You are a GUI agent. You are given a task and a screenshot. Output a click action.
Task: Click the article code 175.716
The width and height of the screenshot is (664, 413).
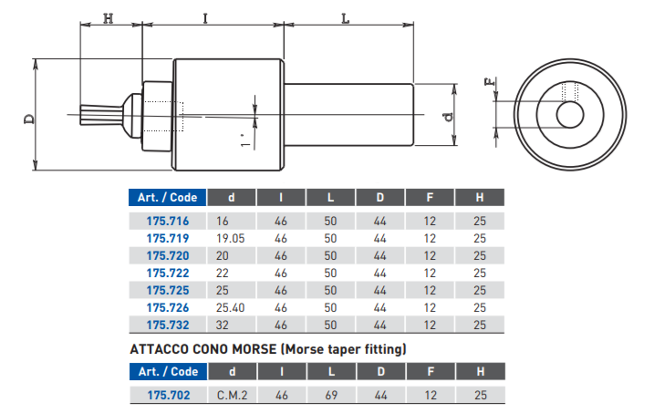click(167, 221)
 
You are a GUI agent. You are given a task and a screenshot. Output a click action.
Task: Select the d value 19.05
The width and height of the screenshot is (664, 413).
click(232, 238)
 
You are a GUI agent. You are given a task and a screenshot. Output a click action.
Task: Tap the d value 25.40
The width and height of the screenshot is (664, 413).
click(232, 307)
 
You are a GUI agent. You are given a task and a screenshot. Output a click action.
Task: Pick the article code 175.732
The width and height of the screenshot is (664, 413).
click(167, 325)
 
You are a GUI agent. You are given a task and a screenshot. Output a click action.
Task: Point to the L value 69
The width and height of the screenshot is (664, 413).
click(330, 395)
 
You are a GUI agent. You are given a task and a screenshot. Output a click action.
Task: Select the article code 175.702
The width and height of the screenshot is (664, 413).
click(167, 395)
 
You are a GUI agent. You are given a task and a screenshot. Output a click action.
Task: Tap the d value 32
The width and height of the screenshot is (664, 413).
click(223, 325)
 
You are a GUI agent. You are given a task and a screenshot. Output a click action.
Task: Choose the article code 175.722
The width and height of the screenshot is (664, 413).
click(167, 273)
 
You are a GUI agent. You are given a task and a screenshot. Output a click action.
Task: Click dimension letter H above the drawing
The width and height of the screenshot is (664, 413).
click(109, 17)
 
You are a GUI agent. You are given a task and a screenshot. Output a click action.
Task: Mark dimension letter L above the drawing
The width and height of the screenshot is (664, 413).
click(346, 17)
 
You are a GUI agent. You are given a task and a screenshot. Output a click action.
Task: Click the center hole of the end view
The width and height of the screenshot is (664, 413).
click(571, 115)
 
